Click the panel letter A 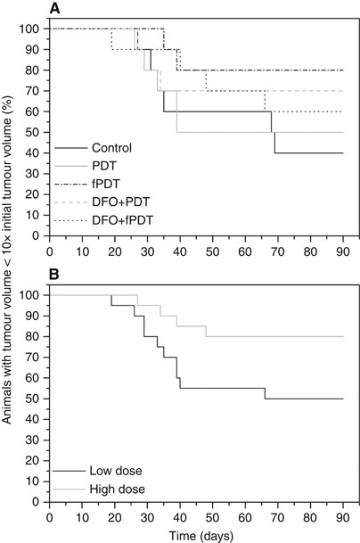(x=55, y=9)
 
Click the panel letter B (x=55, y=278)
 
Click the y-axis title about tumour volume (x=11, y=267)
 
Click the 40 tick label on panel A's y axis (x=37, y=152)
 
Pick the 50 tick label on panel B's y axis (x=37, y=399)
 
